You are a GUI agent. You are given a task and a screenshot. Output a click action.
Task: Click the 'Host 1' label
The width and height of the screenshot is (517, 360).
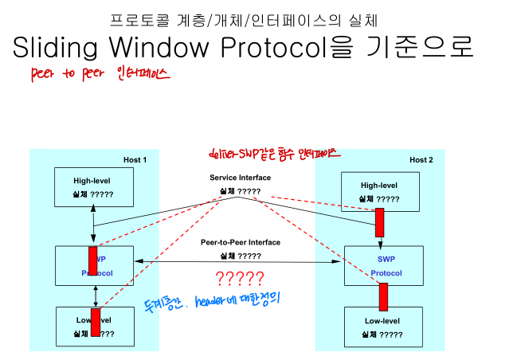click(x=135, y=160)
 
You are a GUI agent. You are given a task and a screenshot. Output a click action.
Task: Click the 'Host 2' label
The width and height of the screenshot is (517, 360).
click(x=421, y=160)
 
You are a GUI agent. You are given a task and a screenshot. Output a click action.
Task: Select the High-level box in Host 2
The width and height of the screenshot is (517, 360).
click(x=379, y=192)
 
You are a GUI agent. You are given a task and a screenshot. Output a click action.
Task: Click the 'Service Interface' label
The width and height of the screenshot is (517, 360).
click(x=240, y=178)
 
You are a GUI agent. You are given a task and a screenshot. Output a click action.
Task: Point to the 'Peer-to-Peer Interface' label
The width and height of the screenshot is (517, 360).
click(x=240, y=242)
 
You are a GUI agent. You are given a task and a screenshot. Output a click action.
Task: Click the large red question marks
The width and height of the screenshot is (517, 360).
click(x=240, y=279)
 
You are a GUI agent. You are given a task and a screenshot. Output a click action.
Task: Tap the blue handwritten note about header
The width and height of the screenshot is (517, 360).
click(x=215, y=301)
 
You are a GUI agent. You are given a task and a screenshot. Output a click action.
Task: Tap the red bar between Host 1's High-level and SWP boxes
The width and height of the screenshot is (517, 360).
click(x=93, y=260)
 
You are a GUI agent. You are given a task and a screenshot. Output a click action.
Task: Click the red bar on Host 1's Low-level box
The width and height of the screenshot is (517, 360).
click(x=96, y=323)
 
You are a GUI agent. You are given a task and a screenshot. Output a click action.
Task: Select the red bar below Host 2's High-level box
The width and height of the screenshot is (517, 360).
click(x=380, y=222)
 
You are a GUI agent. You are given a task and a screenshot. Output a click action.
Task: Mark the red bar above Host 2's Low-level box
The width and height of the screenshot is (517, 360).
click(x=383, y=296)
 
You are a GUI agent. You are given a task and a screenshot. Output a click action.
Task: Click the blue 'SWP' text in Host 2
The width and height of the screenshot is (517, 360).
click(x=386, y=259)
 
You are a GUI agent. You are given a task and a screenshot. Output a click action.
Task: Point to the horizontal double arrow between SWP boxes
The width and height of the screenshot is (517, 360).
click(x=240, y=261)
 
